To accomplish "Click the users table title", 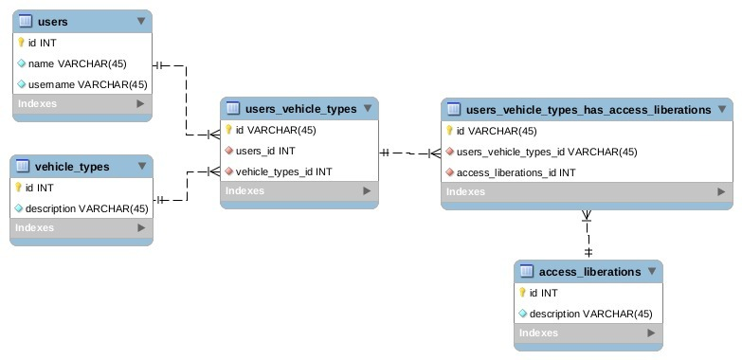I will pos(52,21).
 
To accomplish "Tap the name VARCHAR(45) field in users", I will pos(77,63).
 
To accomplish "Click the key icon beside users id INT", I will pos(21,43).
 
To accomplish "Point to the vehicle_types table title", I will pos(72,167).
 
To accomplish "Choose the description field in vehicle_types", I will pos(86,208).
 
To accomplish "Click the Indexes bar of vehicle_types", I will pos(81,227).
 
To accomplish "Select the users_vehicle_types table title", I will pos(300,109).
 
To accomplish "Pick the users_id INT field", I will pos(265,151).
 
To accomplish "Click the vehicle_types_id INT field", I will pos(283,171).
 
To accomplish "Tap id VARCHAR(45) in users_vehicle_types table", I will pos(276,130).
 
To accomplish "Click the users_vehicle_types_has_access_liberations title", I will pos(588,110).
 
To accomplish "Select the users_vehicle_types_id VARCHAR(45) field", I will pos(547,152).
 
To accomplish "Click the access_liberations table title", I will pos(589,272).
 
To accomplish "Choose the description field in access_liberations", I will pos(590,314).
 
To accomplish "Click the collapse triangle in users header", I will pos(141,21).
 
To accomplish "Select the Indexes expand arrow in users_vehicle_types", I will pos(368,190).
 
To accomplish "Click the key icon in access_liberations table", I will pos(523,293).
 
